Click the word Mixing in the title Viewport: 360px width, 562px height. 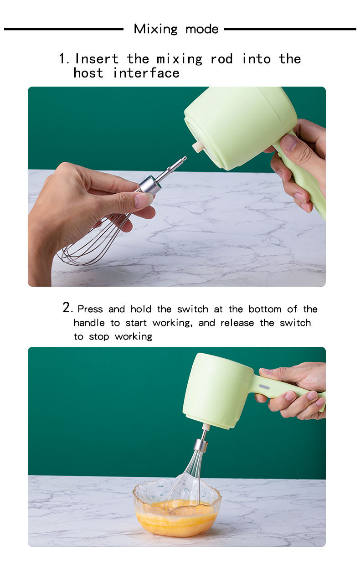tap(155, 29)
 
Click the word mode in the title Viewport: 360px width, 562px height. tap(202, 30)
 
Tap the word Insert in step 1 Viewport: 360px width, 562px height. tap(97, 59)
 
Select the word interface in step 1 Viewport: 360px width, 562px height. tap(146, 73)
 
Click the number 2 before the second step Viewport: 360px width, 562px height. tap(67, 308)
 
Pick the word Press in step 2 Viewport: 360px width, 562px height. tap(90, 309)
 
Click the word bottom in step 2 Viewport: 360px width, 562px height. tap(265, 309)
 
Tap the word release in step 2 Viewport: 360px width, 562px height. tap(237, 323)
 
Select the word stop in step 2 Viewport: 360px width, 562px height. tap(99, 337)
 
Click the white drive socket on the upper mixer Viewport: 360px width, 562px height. tap(198, 146)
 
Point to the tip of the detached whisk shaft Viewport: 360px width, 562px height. tap(185, 158)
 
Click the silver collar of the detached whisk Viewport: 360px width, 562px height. tap(150, 185)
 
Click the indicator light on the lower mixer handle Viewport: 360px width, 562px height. tap(264, 387)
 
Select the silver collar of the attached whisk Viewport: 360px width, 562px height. tap(201, 445)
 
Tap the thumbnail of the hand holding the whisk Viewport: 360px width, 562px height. tap(143, 200)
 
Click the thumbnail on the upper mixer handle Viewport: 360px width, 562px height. tap(289, 143)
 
